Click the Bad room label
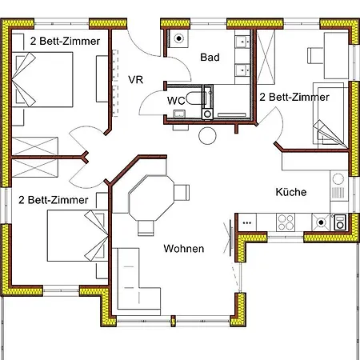pyautogui.click(x=210, y=58)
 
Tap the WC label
pyautogui.click(x=176, y=101)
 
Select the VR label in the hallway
pyautogui.click(x=135, y=80)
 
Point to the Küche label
pyautogui.click(x=291, y=192)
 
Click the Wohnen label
pyautogui.click(x=184, y=249)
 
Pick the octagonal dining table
pyautogui.click(x=151, y=198)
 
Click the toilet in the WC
pyautogui.click(x=196, y=98)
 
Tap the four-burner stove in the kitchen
pyautogui.click(x=286, y=222)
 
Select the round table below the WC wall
pyautogui.click(x=207, y=136)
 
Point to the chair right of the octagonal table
pyautogui.click(x=182, y=192)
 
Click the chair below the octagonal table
pyautogui.click(x=146, y=228)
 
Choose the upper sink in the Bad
pyautogui.click(x=242, y=42)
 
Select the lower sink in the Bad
pyautogui.click(x=242, y=70)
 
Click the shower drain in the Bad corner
pyautogui.click(x=179, y=38)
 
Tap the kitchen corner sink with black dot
pyautogui.click(x=321, y=222)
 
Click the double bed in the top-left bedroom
pyautogui.click(x=42, y=79)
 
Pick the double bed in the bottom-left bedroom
pyautogui.click(x=78, y=236)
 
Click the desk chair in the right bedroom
pyautogui.click(x=315, y=55)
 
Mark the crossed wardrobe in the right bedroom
pyautogui.click(x=266, y=58)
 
